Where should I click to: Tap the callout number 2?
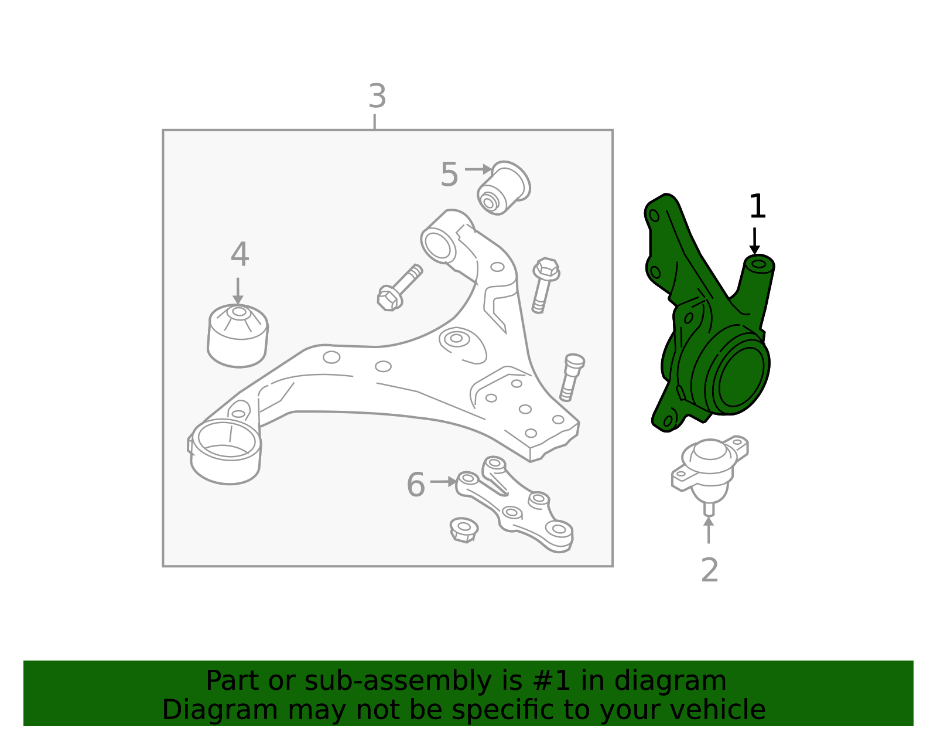coord(710,570)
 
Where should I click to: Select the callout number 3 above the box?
coord(377,96)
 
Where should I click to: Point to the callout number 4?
coord(240,254)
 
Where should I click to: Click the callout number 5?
coord(449,174)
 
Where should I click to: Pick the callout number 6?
coord(416,485)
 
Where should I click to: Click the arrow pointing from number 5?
coord(478,169)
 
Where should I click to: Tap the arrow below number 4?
coord(238,291)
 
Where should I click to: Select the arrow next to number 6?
coord(443,481)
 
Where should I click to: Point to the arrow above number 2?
coord(709,530)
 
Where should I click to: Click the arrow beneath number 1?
coord(754,241)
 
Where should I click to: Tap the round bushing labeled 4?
coord(238,336)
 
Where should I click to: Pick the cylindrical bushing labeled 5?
coord(504,188)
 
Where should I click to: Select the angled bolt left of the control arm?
coord(400,287)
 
